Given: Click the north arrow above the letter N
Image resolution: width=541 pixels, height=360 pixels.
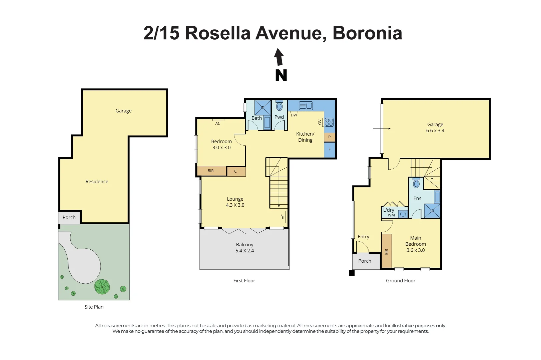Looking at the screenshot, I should [279, 57].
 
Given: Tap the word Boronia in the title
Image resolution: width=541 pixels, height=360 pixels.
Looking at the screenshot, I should [367, 33].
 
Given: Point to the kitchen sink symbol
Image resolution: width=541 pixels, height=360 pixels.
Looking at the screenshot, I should [306, 106].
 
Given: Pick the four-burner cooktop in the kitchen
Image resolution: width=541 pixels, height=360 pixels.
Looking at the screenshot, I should [329, 122].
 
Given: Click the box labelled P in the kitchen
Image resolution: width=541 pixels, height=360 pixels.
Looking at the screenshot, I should [330, 137].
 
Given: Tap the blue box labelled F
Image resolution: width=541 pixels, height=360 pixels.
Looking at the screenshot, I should [330, 150].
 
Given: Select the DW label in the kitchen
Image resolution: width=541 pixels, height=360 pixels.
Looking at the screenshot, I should [294, 115].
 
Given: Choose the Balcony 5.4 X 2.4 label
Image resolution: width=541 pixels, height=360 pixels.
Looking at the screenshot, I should [244, 248].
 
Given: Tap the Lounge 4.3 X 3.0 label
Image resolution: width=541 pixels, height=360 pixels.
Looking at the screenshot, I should [235, 202].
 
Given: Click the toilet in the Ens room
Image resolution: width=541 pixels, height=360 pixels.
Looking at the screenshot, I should [416, 183].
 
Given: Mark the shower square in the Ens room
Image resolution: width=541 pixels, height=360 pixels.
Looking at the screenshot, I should [432, 211].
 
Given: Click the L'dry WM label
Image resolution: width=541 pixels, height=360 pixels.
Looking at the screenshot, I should [389, 212].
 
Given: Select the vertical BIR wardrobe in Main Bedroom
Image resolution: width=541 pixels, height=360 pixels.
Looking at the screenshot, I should [387, 251].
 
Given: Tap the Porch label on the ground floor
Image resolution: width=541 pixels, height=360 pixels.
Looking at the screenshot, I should [365, 261].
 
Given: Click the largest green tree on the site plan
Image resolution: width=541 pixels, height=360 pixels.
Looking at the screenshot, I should [102, 287].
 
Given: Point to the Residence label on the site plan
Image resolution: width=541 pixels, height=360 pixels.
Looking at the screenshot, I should [97, 182].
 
